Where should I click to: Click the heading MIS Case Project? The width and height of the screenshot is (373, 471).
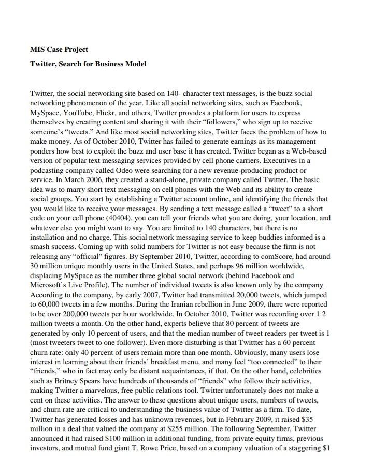point(59,50)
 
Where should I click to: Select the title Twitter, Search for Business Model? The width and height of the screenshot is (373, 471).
point(88,64)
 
